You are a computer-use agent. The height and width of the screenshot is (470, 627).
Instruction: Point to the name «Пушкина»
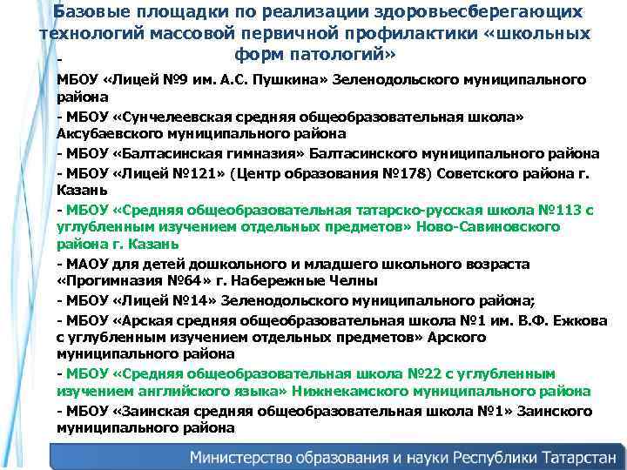278,80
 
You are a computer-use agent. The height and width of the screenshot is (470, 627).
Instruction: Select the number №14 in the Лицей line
179,299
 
